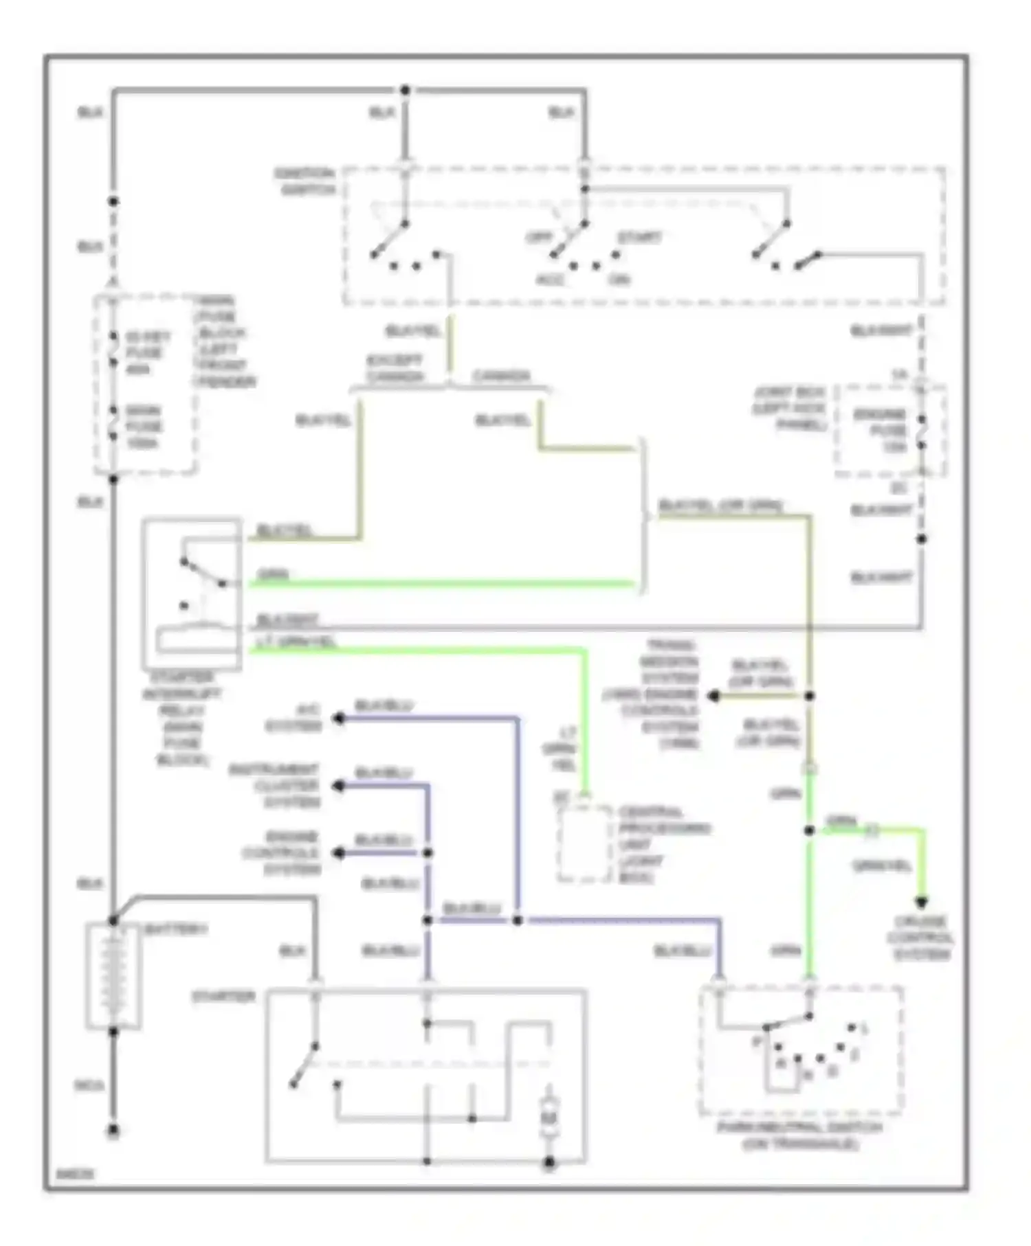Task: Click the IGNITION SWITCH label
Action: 304,181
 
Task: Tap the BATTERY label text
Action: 176,929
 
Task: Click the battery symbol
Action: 113,976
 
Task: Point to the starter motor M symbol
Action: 548,1118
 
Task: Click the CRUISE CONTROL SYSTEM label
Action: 921,938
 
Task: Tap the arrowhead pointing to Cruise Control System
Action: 922,903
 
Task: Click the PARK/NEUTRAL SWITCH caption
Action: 799,1135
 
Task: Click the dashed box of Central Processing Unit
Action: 584,844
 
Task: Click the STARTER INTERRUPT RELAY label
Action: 182,718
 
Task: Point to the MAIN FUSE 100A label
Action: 144,427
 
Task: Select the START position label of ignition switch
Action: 639,238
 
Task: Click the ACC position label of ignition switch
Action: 550,280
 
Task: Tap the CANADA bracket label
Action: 502,376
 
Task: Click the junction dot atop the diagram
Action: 405,90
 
